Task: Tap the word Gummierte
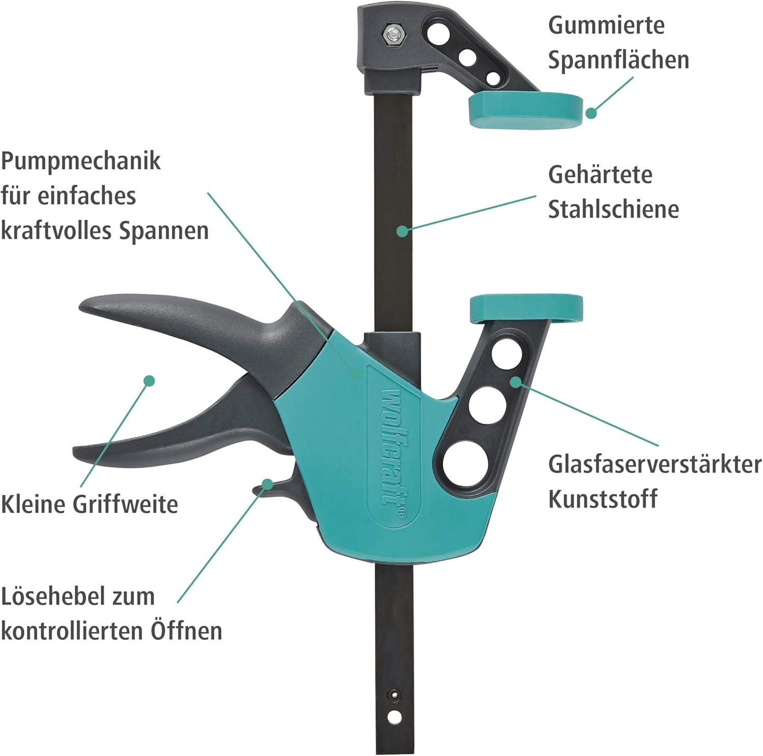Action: [x=606, y=25]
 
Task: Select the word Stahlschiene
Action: [x=613, y=209]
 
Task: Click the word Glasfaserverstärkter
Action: [x=655, y=464]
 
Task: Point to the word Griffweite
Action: [x=125, y=505]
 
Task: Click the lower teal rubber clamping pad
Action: [x=526, y=309]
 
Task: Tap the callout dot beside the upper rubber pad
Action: [x=591, y=113]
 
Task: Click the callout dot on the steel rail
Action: [x=402, y=231]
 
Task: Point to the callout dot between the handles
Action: [x=149, y=380]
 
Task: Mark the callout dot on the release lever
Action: [x=267, y=483]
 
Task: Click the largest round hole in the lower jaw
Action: [x=466, y=463]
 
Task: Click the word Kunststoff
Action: [x=603, y=499]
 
